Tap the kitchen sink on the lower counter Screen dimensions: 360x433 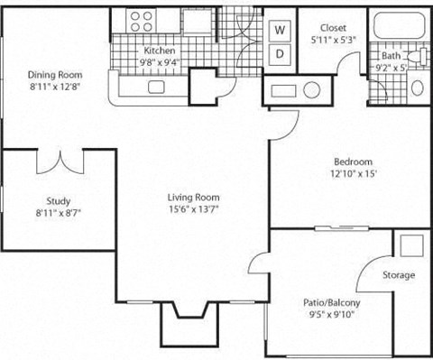(x=156, y=88)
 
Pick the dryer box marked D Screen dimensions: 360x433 (x=280, y=53)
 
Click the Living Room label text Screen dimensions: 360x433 (x=194, y=197)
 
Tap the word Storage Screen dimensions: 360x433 (x=398, y=275)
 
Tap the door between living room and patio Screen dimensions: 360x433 (x=260, y=262)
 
